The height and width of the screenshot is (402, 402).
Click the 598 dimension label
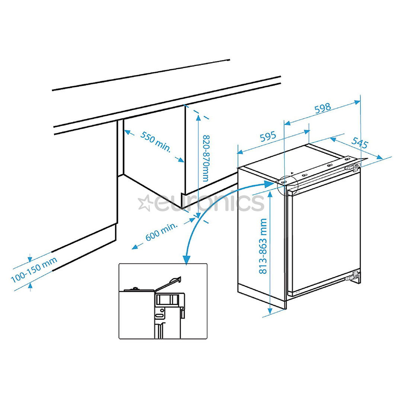point(322,108)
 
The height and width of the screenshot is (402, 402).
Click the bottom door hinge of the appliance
point(353,277)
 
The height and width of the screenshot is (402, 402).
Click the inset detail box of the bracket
point(163,301)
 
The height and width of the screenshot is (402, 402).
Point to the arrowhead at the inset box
point(186,260)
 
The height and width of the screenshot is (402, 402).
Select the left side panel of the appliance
point(261,238)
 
